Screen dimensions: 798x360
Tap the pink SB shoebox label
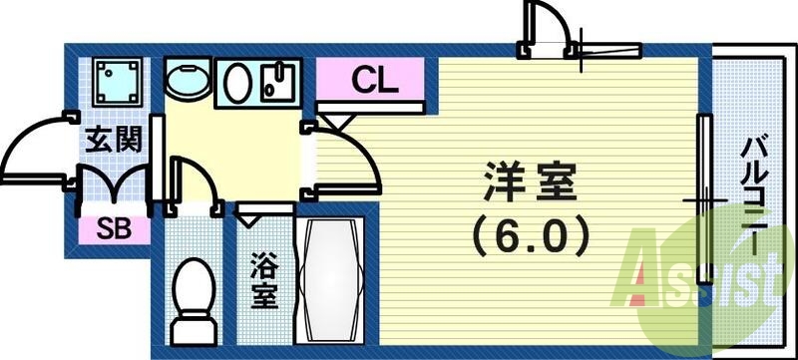click(112, 230)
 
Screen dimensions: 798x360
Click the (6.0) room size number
click(530, 237)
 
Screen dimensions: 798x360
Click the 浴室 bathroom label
click(263, 282)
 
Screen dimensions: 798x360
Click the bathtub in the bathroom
click(333, 282)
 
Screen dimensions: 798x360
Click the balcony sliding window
click(704, 199)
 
